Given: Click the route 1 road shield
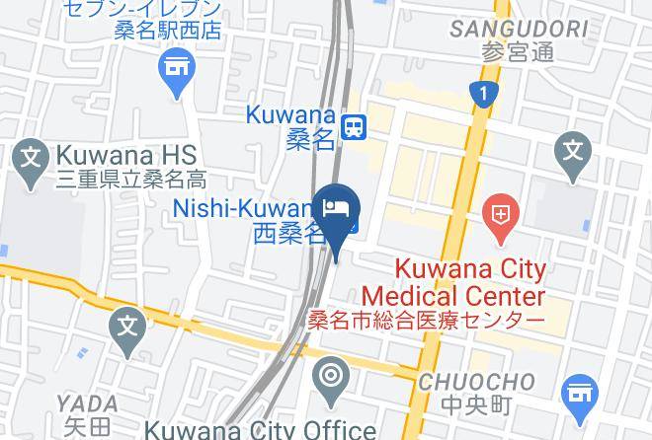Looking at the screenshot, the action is (x=483, y=94).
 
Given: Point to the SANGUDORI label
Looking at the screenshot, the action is (x=519, y=30).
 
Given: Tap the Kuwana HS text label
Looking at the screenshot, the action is (x=127, y=155).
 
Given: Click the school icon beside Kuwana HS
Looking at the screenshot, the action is (x=31, y=156).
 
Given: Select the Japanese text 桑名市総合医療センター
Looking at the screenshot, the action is (x=426, y=321).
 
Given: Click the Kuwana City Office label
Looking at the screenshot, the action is (x=260, y=429).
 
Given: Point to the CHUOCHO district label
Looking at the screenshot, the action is (x=476, y=381).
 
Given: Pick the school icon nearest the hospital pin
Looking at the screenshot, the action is (x=573, y=152).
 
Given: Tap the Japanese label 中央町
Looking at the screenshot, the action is (x=476, y=404).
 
